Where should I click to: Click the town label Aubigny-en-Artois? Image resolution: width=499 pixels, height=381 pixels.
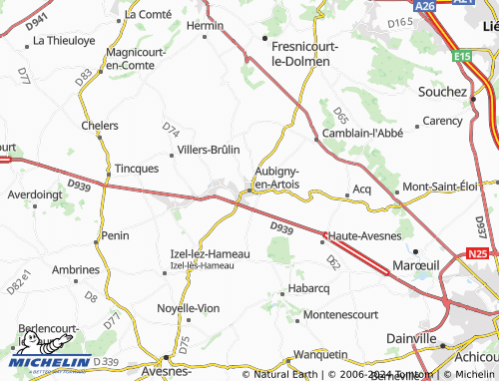tap(276, 177)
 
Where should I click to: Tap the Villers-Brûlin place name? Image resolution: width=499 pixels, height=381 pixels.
tap(209, 150)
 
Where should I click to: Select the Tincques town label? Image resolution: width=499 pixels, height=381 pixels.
tap(137, 169)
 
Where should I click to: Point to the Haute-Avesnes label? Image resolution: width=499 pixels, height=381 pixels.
tap(365, 235)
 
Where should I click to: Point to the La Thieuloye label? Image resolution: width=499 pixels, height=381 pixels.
tap(65, 41)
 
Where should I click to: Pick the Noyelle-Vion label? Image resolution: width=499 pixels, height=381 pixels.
tap(188, 308)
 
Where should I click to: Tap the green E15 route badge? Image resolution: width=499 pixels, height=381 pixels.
tap(461, 57)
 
